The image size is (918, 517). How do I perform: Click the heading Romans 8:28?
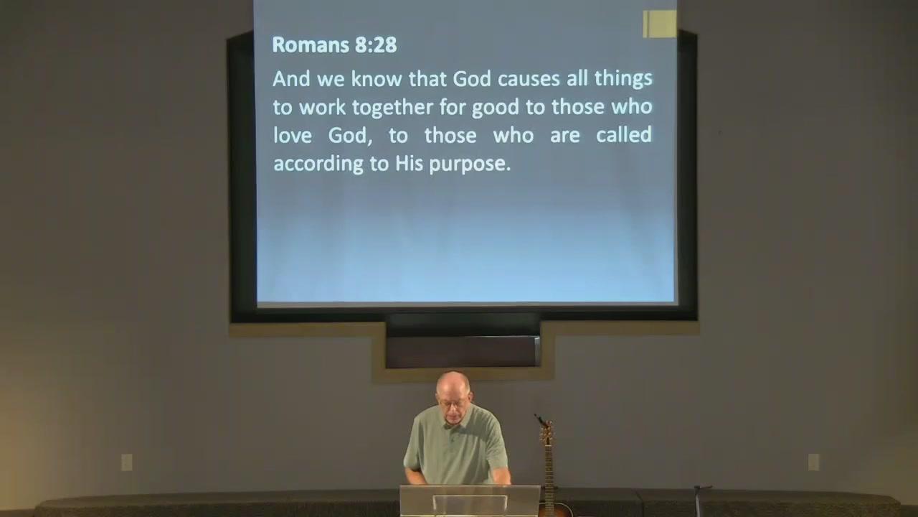coord(334,45)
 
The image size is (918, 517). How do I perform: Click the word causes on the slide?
coord(529,78)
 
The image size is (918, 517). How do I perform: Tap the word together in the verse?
coord(392,108)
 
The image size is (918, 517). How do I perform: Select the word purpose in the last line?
coord(470,164)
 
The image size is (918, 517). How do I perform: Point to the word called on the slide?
coord(624,134)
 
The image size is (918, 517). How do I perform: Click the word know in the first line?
coord(377,78)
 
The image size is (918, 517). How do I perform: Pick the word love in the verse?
coord(292,134)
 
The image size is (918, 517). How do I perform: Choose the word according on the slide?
coord(318,164)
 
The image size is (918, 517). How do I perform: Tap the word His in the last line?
coord(409,163)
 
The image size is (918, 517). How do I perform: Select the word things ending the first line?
coord(623,79)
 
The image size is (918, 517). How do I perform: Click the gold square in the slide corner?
coord(659,24)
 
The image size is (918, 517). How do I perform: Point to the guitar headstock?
coord(546,432)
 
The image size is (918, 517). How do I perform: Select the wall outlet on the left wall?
coord(127,462)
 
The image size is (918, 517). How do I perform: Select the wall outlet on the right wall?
coord(813,462)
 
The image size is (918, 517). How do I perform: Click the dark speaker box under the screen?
coord(463,352)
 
